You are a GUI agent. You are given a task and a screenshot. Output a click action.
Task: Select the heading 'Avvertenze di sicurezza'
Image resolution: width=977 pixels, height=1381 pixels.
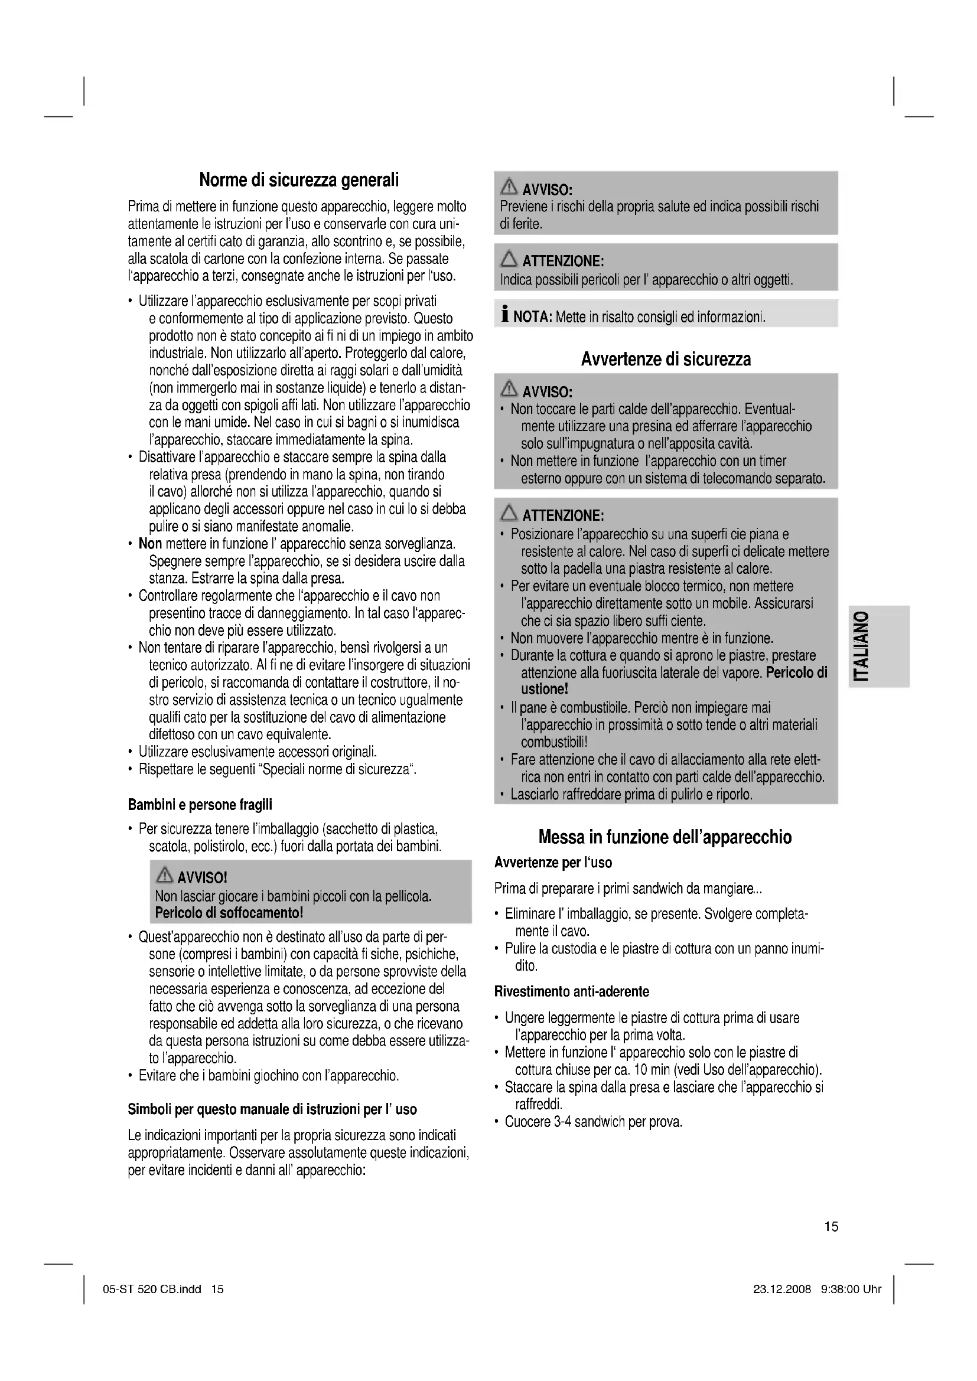coord(665,359)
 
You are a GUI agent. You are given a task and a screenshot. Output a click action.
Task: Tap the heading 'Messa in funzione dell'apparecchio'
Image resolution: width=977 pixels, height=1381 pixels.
coord(665,837)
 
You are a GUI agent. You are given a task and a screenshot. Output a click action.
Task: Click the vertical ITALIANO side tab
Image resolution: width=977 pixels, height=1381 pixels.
coord(878,646)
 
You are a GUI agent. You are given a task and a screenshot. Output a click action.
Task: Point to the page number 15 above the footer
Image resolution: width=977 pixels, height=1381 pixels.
coord(831,1227)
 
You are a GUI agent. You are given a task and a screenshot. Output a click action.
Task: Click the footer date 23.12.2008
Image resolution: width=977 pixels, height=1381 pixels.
coord(781,1289)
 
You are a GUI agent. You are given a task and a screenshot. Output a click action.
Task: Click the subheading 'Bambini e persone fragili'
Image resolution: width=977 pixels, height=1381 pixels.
coord(200,805)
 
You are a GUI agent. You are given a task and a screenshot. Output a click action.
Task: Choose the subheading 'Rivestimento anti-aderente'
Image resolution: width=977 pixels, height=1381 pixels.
coord(572,991)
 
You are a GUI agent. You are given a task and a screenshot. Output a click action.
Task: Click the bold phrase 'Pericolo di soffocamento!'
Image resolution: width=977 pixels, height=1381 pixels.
coord(229,913)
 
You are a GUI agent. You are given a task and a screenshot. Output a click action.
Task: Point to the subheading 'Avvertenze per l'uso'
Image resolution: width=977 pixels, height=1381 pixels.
coord(553,863)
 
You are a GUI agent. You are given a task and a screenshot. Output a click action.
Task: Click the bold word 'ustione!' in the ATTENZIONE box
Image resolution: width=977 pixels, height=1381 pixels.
coord(545,689)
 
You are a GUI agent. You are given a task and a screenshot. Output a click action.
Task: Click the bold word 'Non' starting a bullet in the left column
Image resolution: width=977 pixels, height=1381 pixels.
coord(151,544)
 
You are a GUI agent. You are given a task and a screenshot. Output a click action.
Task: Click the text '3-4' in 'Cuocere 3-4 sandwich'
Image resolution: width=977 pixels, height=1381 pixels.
coord(562,1122)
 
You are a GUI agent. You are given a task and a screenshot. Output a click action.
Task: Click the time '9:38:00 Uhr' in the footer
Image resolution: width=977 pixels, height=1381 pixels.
coord(851,1289)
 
